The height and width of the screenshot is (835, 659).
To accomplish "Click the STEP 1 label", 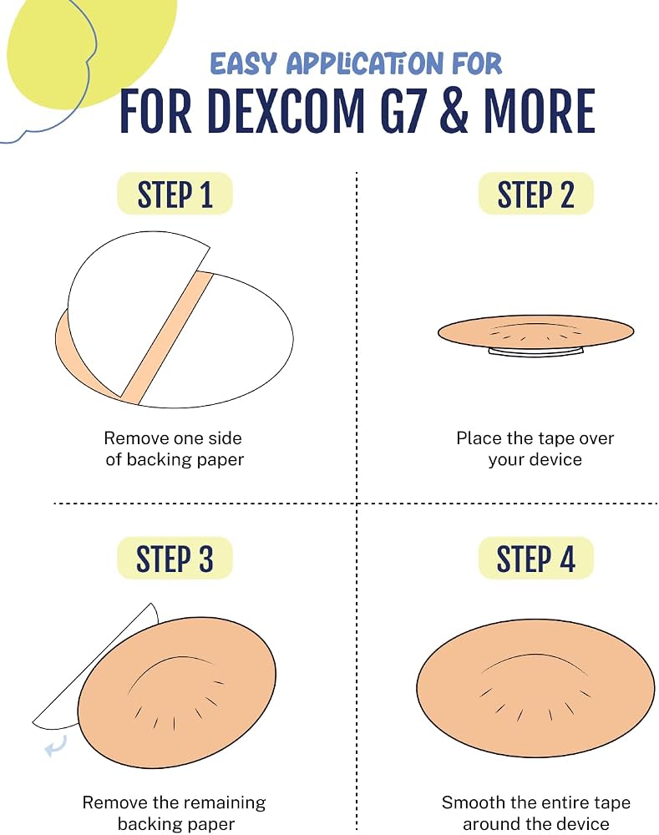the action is [x=175, y=194].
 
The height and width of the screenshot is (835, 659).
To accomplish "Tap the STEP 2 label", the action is [x=535, y=194].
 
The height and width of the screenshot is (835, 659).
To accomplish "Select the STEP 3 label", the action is [x=175, y=558].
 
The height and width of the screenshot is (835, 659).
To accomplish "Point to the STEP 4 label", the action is [x=535, y=558].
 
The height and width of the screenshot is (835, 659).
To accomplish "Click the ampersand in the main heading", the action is [x=454, y=111].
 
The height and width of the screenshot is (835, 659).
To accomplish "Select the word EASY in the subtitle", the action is [x=243, y=64].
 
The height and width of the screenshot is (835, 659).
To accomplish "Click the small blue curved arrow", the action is [x=56, y=745].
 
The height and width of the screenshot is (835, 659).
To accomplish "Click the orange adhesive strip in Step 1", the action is [x=167, y=337].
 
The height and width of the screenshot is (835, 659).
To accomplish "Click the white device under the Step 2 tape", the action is [x=536, y=352].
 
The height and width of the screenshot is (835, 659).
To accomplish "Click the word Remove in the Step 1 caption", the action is [x=135, y=438].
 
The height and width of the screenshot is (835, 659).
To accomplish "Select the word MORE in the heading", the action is [x=539, y=111].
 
